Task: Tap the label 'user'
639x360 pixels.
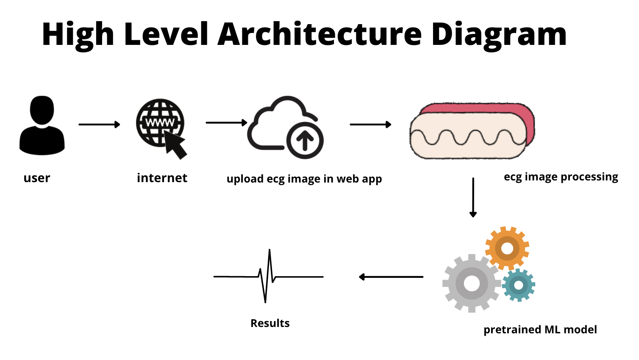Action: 37,178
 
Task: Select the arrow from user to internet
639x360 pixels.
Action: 99,125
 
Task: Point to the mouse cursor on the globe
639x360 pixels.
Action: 175,145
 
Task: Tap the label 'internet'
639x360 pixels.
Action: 162,178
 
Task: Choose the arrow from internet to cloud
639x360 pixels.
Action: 226,123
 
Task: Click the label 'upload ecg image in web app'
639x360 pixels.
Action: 304,179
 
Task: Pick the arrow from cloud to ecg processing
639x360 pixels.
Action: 370,125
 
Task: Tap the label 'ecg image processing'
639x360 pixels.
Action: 561,177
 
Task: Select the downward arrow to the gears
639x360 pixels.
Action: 473,197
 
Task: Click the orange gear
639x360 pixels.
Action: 507,248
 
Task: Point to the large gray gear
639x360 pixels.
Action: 471,283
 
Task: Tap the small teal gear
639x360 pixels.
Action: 519,285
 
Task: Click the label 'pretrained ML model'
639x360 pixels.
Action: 540,330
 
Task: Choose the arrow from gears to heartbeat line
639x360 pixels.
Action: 391,277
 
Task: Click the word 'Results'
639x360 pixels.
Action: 270,323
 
